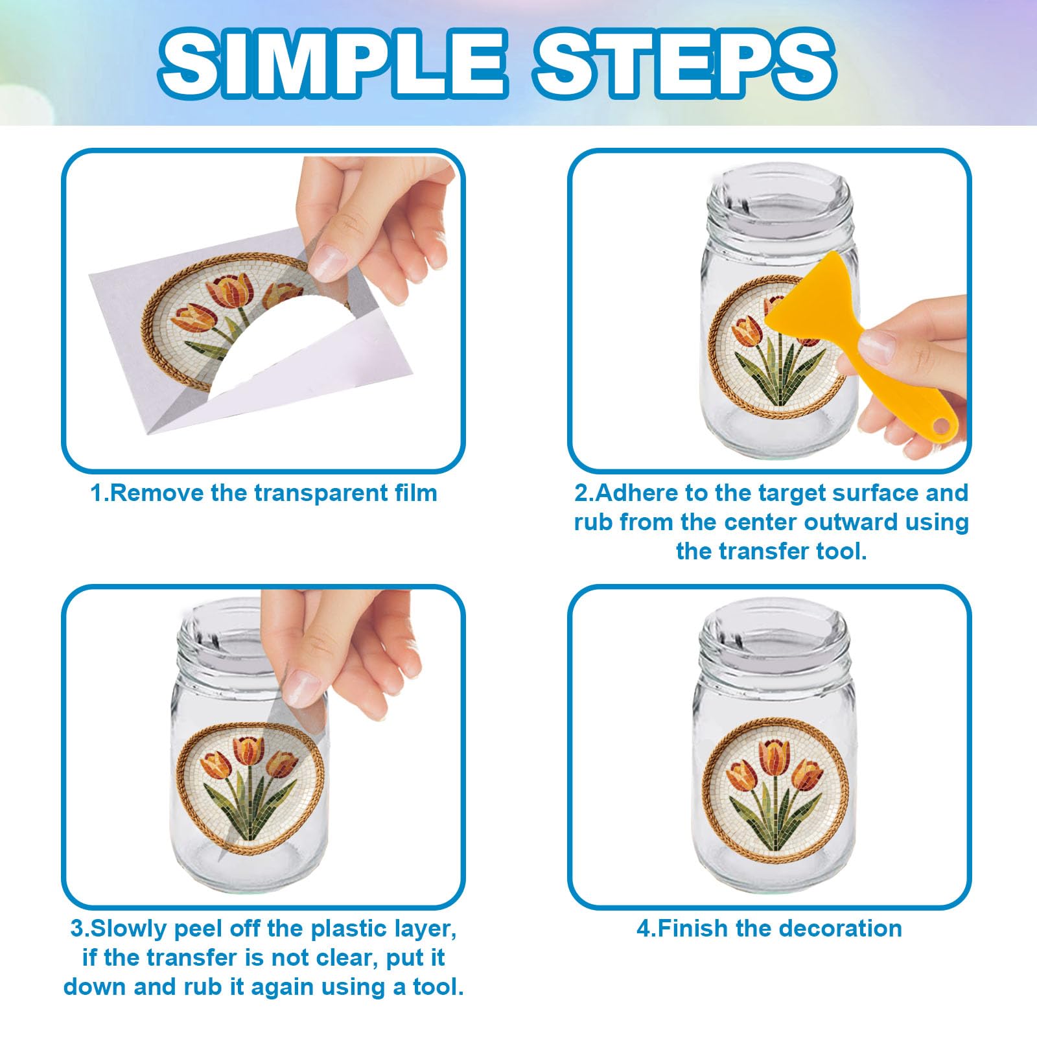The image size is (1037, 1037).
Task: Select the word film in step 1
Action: tap(416, 493)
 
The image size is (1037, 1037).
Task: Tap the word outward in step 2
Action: tap(870, 522)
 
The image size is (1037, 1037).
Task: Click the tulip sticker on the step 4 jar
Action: tap(775, 794)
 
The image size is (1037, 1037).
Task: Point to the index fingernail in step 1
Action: tap(328, 263)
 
